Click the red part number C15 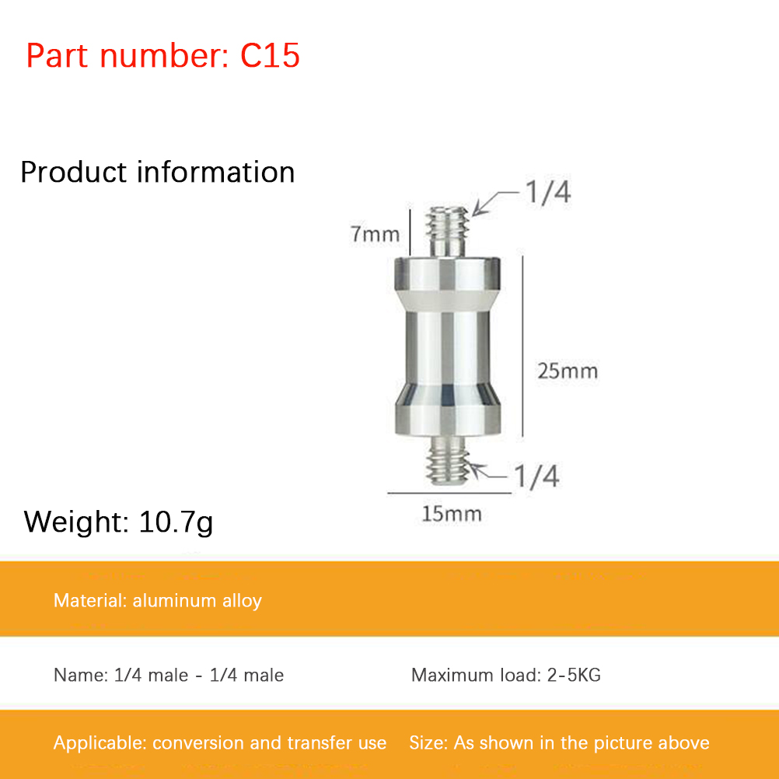click(x=270, y=55)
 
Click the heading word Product click(x=74, y=173)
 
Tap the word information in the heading click(x=215, y=172)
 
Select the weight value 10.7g click(x=176, y=522)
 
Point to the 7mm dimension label click(x=375, y=234)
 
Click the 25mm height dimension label click(x=568, y=371)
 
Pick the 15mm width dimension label click(x=452, y=514)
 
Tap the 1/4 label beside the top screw click(x=548, y=192)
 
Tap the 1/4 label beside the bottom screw click(x=536, y=476)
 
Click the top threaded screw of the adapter click(x=448, y=232)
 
